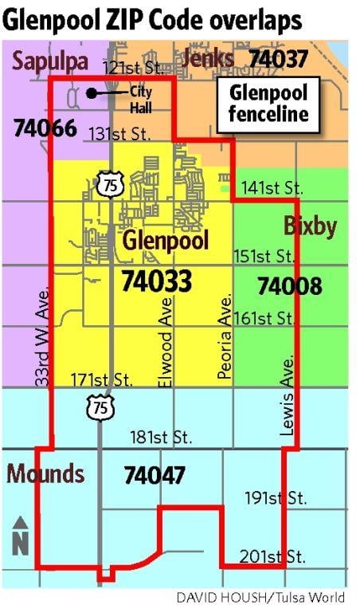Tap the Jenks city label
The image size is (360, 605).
point(208,58)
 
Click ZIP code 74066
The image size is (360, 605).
point(45,128)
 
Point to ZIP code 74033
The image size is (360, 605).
point(156,281)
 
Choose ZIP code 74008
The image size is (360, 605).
point(290,285)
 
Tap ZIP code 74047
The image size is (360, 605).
point(155,476)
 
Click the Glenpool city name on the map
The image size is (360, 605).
point(165,240)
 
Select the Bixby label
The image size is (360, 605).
point(310,226)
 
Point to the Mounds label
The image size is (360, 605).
point(45,473)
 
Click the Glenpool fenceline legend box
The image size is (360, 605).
point(268,104)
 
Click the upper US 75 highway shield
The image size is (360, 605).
point(106,184)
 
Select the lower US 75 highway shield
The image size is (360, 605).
point(101,408)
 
